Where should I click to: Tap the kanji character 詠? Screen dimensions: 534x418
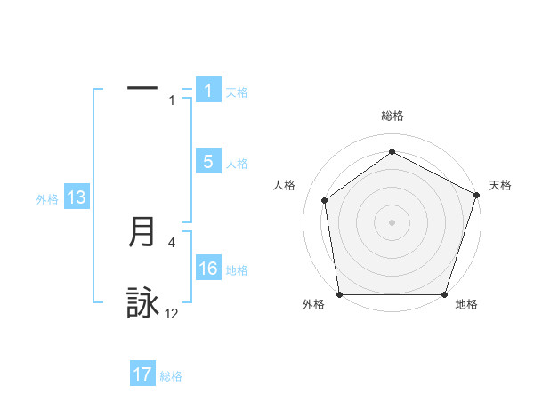click(142, 303)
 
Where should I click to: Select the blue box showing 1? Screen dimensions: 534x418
click(208, 90)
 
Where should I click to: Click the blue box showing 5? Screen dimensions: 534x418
click(208, 161)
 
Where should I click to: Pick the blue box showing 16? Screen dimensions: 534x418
click(208, 269)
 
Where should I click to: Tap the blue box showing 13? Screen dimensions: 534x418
click(77, 197)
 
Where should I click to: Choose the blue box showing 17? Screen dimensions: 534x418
click(142, 374)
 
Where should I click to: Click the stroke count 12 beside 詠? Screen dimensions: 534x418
click(172, 314)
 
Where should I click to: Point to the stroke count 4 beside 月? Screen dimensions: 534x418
click(172, 242)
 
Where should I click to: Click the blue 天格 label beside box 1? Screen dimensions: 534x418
click(237, 92)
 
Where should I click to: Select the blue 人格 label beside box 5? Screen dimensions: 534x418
click(237, 163)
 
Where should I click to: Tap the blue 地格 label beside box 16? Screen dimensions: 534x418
click(237, 270)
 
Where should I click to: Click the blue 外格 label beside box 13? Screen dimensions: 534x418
click(47, 199)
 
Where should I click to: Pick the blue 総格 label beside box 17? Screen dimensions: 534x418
click(171, 376)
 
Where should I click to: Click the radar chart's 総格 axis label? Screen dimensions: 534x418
click(392, 116)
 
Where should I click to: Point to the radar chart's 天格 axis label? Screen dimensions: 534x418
click(500, 185)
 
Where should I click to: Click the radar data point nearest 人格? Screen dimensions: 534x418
click(325, 200)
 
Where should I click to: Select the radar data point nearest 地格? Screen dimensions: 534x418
click(445, 294)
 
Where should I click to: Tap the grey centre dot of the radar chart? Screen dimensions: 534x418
click(392, 222)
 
